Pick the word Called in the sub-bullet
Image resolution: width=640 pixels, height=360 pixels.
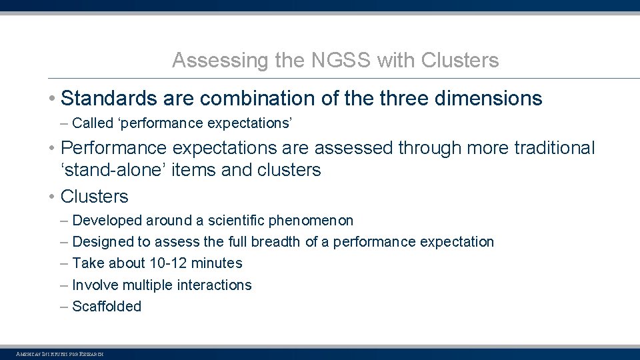[x=92, y=123]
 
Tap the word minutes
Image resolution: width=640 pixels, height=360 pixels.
[x=217, y=263]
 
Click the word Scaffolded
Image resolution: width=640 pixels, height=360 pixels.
[x=107, y=307]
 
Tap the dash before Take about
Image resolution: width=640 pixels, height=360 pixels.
[x=63, y=263]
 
